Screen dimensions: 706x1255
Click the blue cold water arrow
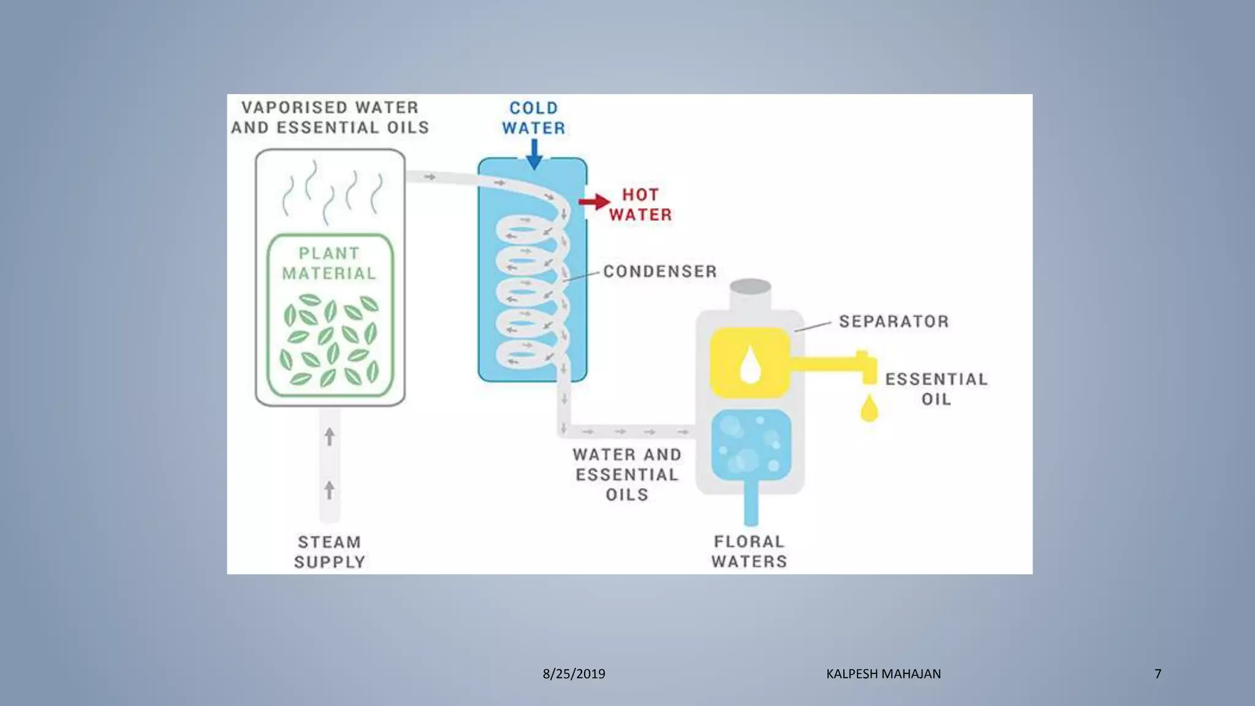click(x=534, y=154)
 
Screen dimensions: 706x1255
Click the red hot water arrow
click(x=594, y=202)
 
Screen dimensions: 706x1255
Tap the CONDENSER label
click(x=660, y=271)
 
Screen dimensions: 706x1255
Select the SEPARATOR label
click(x=893, y=322)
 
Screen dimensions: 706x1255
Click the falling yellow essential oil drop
click(x=869, y=409)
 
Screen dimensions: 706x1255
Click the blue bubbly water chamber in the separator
click(x=751, y=444)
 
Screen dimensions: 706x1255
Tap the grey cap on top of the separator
click(x=751, y=287)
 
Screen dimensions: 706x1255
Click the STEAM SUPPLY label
click(x=330, y=552)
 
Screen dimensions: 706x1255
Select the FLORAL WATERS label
click(x=749, y=552)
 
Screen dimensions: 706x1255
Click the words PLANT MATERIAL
click(x=329, y=264)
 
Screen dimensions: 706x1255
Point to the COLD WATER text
click(x=534, y=118)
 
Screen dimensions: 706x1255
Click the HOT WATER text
click(x=640, y=205)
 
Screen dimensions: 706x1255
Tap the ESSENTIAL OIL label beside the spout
click(x=936, y=389)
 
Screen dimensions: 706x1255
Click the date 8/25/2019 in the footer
click(x=574, y=674)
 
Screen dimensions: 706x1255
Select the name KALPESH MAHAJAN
click(x=883, y=674)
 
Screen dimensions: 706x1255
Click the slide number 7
click(x=1158, y=674)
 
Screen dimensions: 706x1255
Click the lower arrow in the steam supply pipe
click(x=330, y=490)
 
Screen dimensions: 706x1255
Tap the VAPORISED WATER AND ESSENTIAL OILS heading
click(x=330, y=118)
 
